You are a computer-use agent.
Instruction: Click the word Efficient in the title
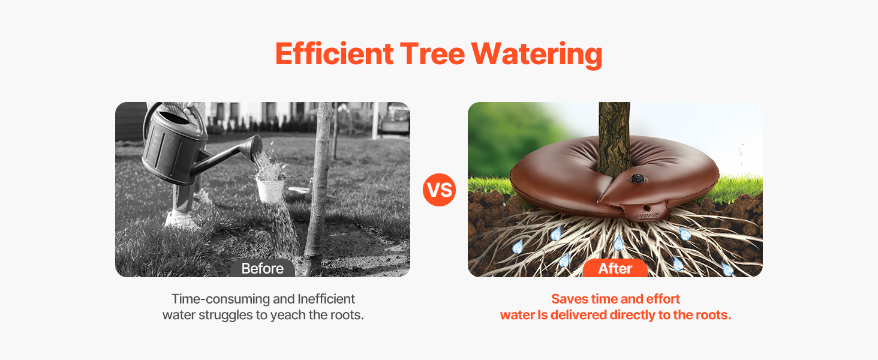[x=334, y=54]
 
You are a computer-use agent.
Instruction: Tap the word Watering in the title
[x=537, y=55]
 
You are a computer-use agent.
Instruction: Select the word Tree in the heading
[x=432, y=54]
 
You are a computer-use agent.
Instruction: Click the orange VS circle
[x=439, y=190]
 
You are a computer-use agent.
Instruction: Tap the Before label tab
[x=262, y=268]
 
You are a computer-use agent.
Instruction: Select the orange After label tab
[x=615, y=268]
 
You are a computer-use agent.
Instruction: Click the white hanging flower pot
[x=270, y=190]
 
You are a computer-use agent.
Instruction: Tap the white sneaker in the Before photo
[x=181, y=220]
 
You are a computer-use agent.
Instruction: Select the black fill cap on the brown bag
[x=638, y=179]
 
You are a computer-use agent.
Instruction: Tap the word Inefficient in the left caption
[x=326, y=299]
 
